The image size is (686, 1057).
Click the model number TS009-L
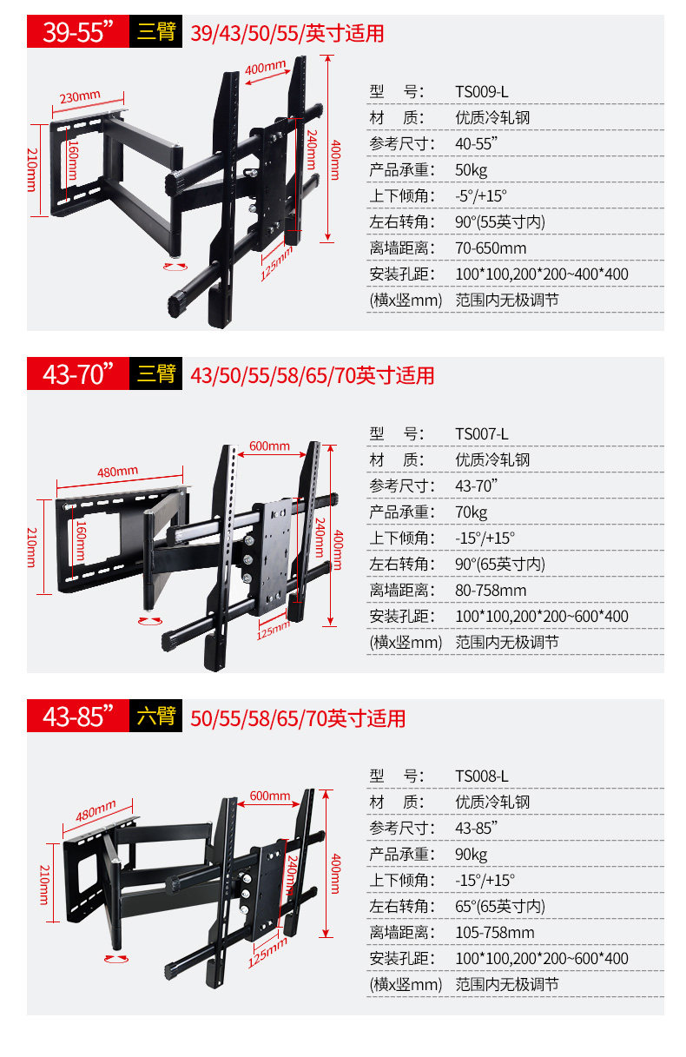pyautogui.click(x=481, y=91)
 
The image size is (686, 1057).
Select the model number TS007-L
pyautogui.click(x=481, y=433)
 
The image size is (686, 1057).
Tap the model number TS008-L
pyautogui.click(x=481, y=776)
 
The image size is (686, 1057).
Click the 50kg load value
pyautogui.click(x=472, y=169)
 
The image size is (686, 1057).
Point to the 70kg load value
pyautogui.click(x=472, y=512)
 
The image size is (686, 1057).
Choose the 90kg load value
pyautogui.click(x=472, y=854)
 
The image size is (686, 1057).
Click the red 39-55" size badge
pyautogui.click(x=78, y=33)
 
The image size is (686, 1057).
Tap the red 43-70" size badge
pyautogui.click(x=78, y=375)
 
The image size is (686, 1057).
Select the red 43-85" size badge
pyautogui.click(x=78, y=717)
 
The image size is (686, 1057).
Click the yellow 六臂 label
pyautogui.click(x=156, y=717)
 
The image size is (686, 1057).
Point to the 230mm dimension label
pyautogui.click(x=80, y=96)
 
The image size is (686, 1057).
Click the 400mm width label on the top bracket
pyautogui.click(x=265, y=69)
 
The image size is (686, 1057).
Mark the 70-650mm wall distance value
pyautogui.click(x=491, y=248)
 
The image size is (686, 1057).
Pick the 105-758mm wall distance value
pyautogui.click(x=494, y=932)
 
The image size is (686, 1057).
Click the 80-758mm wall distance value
pyautogui.click(x=491, y=591)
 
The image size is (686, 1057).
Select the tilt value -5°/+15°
pyautogui.click(x=480, y=195)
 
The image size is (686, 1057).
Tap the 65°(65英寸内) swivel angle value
pyautogui.click(x=500, y=906)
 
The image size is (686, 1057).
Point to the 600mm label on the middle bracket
pyautogui.click(x=269, y=446)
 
